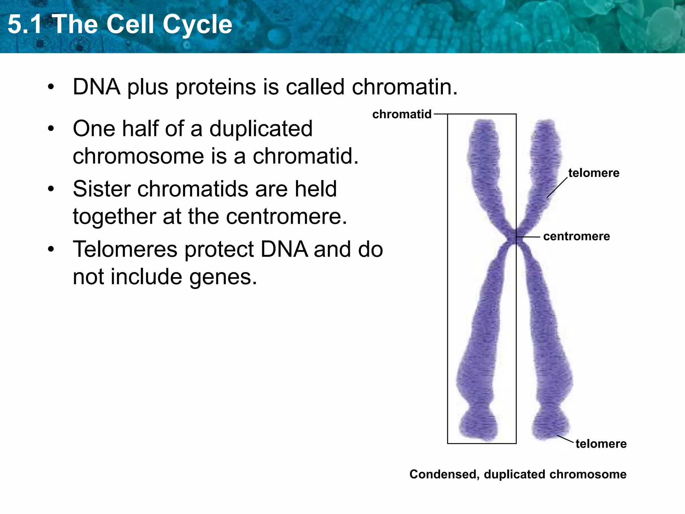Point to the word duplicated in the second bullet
point(261,129)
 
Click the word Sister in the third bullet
point(102,189)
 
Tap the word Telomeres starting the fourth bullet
point(125,250)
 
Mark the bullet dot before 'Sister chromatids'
point(51,190)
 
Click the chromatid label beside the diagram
point(402,114)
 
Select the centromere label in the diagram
point(576,236)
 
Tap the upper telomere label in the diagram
point(594,173)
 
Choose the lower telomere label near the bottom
point(601,444)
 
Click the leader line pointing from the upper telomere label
point(557,188)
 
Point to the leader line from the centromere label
point(528,237)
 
